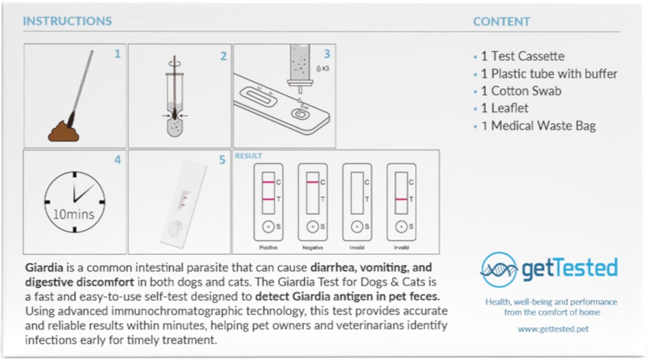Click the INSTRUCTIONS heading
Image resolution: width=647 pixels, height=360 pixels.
point(67,21)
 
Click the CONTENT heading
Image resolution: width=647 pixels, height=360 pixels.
point(501,21)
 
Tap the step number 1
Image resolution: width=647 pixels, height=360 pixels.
point(117,53)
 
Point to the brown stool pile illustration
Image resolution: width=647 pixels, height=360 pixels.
point(63,131)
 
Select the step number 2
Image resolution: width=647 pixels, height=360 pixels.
point(223,56)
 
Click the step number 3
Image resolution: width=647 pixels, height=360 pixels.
point(327,53)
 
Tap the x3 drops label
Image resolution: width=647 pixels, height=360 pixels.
point(323,69)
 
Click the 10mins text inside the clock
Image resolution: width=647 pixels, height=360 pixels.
point(74,214)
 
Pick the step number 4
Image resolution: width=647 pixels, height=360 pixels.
point(117,160)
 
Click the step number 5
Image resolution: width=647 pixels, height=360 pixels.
point(222,160)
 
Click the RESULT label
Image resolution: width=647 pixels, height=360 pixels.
point(248,156)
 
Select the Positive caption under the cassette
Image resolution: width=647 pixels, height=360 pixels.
point(268,248)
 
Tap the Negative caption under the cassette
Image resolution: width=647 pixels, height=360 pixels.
point(313,248)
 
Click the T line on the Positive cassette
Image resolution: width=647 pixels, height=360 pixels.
point(268,199)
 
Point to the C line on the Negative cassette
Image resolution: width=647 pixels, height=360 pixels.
point(312,182)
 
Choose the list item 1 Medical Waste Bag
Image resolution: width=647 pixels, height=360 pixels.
point(538,126)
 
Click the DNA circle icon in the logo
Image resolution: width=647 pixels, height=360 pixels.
point(499,269)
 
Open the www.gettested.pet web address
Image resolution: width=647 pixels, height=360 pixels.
point(553,329)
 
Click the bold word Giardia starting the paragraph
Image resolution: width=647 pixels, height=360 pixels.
point(44,268)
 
